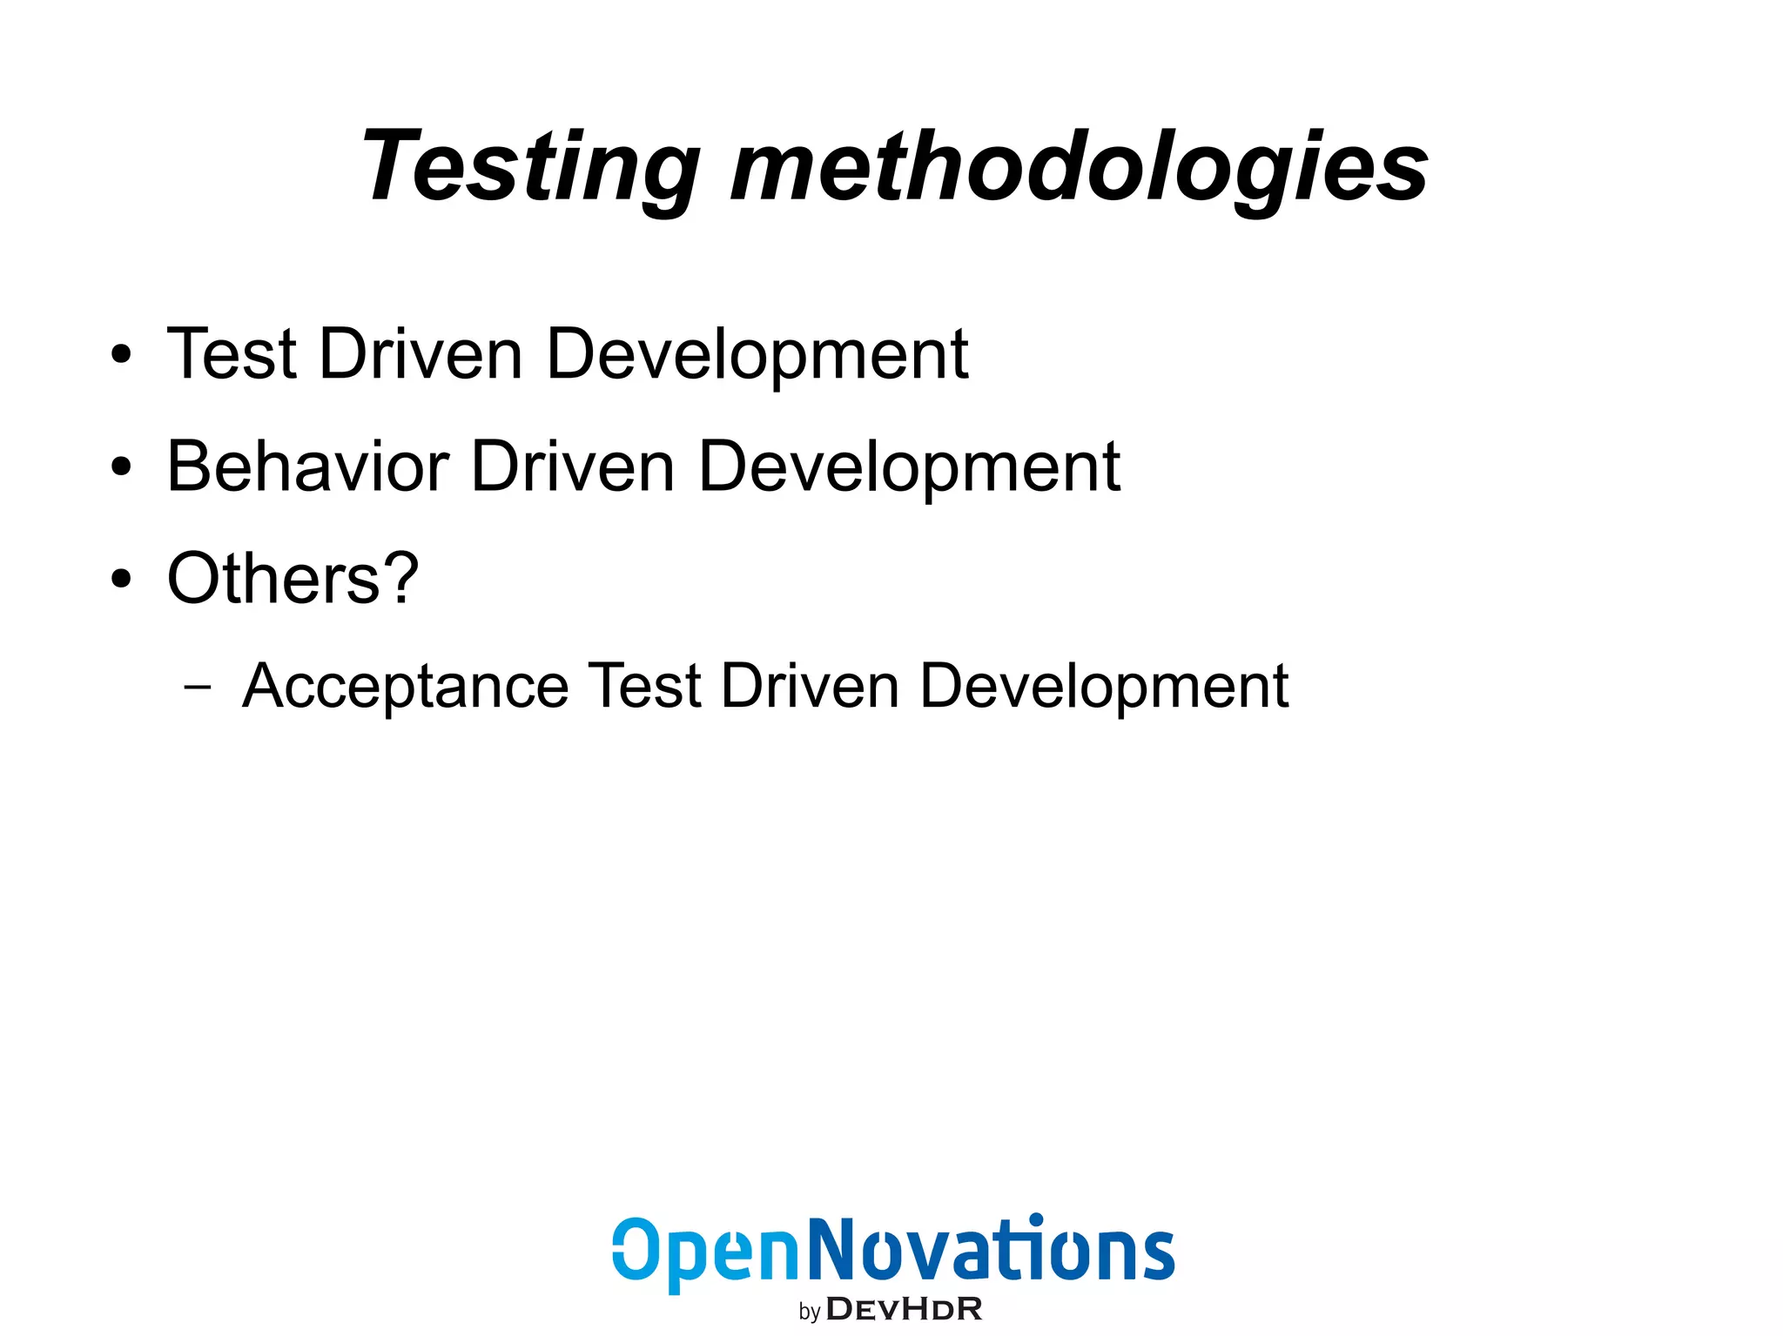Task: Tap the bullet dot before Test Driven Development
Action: tap(121, 354)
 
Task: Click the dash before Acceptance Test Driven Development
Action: tap(198, 687)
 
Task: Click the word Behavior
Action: tap(307, 467)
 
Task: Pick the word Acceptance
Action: tap(405, 688)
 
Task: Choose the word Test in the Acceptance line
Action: tap(644, 687)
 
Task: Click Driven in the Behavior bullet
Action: tap(572, 467)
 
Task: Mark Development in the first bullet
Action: tap(757, 356)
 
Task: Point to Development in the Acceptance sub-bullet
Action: tap(1103, 688)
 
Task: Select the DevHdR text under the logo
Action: tap(904, 1308)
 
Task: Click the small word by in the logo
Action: tap(810, 1312)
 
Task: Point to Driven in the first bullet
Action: tap(421, 354)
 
